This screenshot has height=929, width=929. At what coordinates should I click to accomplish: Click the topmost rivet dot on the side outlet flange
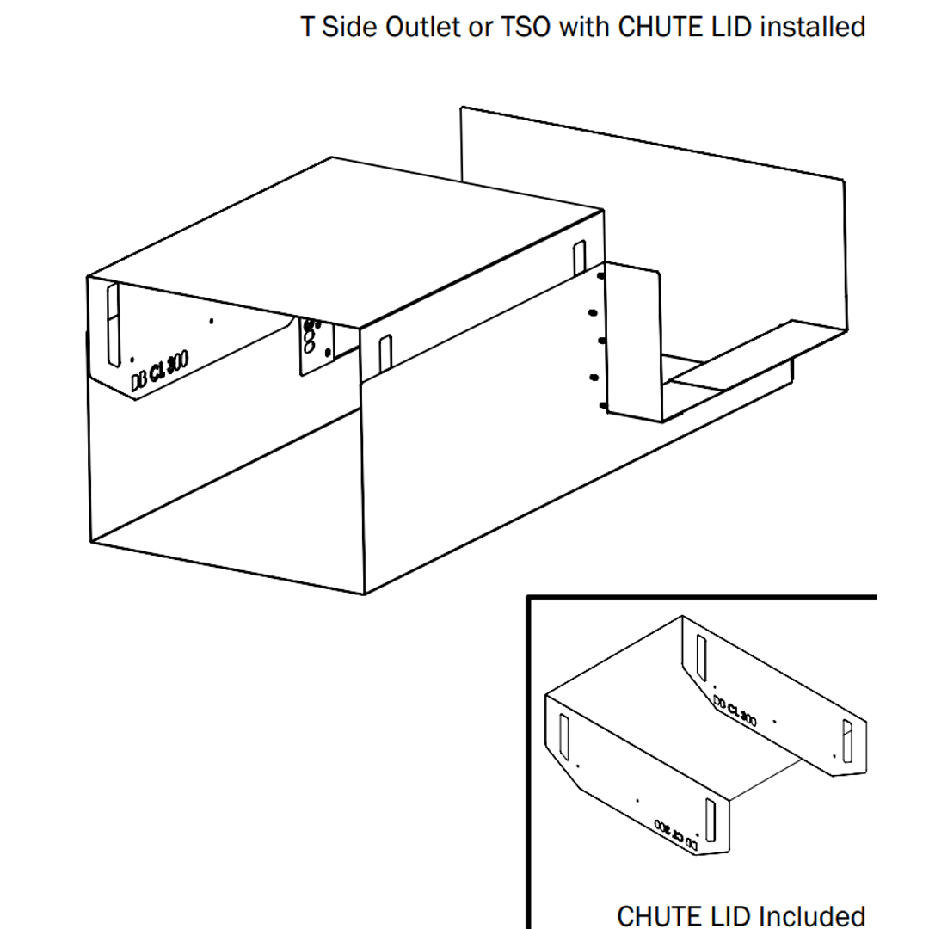pos(600,277)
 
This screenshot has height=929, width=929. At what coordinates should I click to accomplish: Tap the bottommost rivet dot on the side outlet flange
pos(602,405)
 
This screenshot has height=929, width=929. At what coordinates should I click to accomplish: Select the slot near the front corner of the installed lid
pos(385,354)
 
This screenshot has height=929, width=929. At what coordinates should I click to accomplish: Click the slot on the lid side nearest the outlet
pos(580,259)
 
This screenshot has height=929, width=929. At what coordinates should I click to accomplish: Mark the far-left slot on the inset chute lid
pos(564,736)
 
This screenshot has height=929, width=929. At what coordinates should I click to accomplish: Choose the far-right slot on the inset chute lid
pos(847,742)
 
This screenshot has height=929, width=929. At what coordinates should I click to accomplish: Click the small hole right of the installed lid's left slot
pos(212,322)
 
